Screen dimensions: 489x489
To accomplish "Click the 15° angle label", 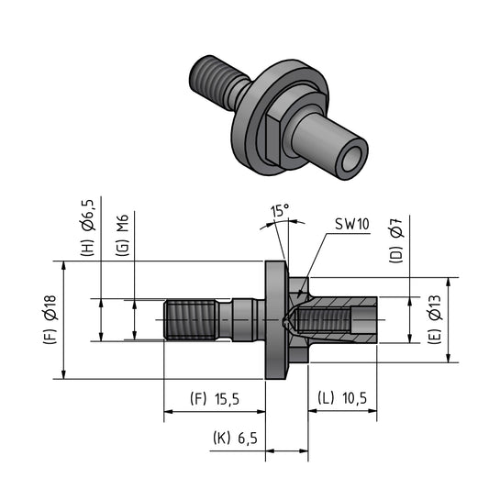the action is point(280,211).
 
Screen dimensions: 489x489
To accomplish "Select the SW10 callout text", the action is point(352,224).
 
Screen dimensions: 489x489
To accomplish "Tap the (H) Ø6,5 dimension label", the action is point(87,228).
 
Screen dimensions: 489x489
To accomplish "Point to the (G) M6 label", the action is point(122,235).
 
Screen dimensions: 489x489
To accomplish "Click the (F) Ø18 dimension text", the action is point(50,319).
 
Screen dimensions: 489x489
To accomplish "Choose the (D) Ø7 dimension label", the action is point(396,241).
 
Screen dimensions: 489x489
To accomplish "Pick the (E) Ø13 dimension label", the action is point(435,319).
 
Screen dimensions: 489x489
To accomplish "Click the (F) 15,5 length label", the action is point(215,399).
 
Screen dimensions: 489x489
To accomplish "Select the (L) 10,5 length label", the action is point(342,398).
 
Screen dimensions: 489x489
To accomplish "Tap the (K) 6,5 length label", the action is point(236,439).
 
